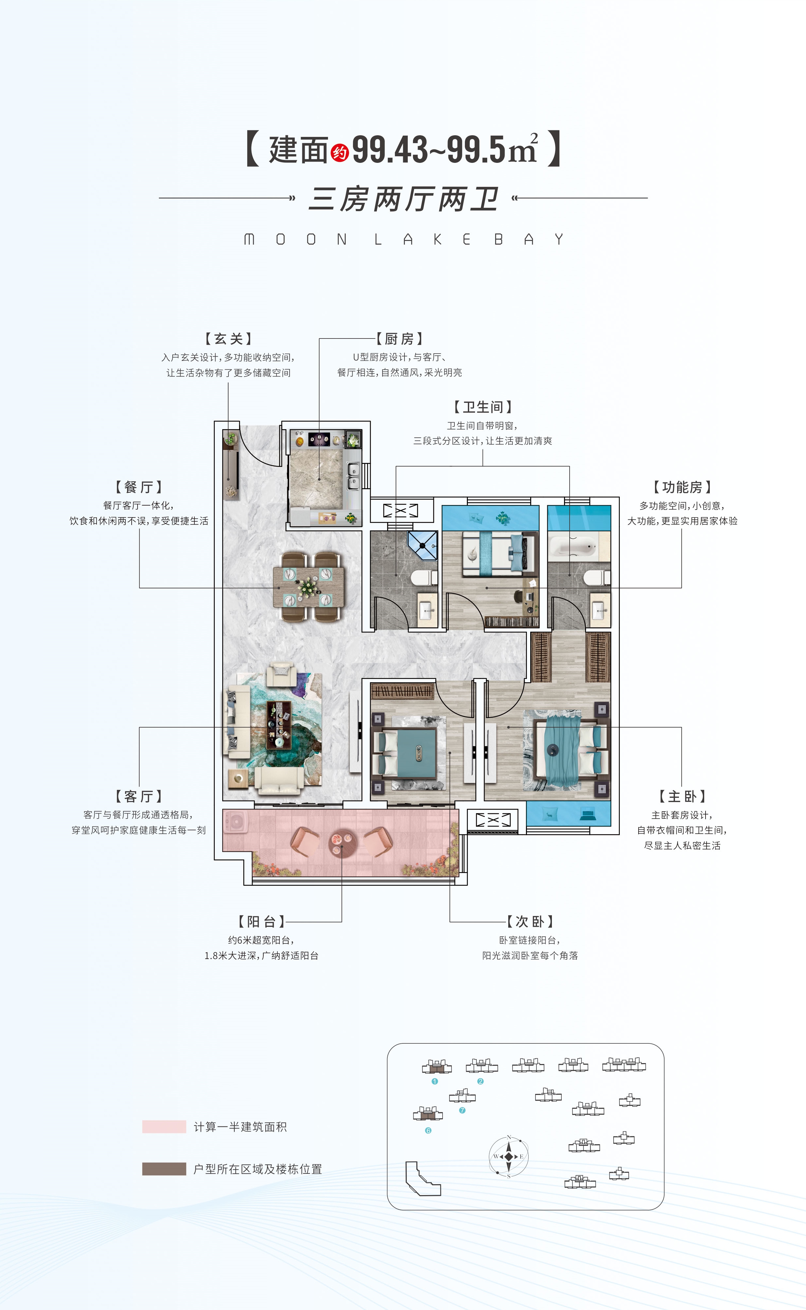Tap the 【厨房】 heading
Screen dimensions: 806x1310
(399, 338)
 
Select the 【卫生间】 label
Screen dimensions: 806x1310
(483, 407)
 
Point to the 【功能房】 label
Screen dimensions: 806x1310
(682, 487)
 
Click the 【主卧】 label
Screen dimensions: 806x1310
(682, 796)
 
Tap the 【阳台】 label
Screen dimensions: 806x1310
(262, 922)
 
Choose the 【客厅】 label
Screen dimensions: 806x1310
(139, 796)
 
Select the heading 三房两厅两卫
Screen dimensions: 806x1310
(403, 199)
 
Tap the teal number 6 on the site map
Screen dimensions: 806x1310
(428, 1130)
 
